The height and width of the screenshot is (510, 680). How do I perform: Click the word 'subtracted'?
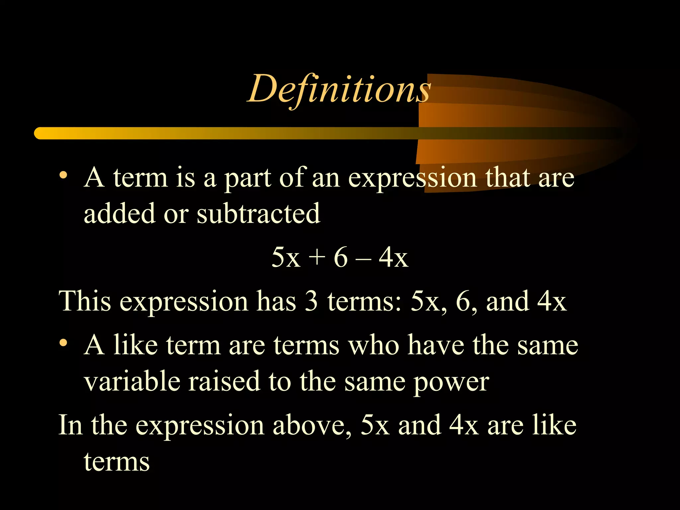(258, 213)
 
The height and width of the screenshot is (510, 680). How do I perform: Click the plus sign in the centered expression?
(316, 257)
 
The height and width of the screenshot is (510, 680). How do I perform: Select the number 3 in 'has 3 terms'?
(311, 301)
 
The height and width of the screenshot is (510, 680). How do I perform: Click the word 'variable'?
(132, 381)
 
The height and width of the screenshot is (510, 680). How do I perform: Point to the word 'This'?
(85, 301)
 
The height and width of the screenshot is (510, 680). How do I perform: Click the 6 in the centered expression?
(341, 257)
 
